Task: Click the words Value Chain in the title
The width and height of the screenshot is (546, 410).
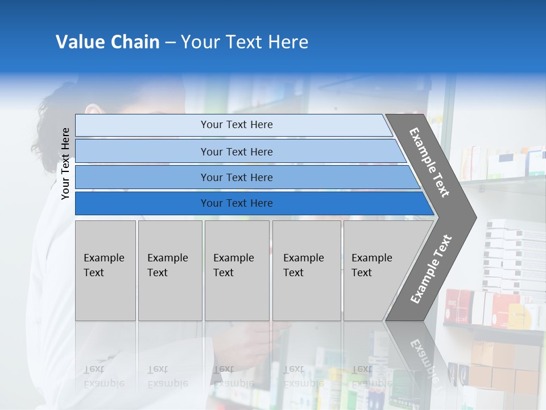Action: click(107, 42)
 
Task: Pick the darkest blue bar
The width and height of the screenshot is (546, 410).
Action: click(142, 203)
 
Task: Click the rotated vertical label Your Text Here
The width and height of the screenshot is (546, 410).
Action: click(65, 163)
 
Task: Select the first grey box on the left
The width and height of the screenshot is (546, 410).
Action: click(105, 270)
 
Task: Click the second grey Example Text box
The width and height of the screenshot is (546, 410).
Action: click(170, 270)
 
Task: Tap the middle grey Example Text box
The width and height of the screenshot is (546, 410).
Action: click(237, 270)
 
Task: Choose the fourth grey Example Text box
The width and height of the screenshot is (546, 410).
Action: click(307, 270)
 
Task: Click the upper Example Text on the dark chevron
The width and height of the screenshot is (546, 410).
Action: click(429, 162)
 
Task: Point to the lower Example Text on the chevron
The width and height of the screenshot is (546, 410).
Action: click(431, 269)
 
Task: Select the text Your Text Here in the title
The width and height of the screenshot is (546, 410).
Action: click(245, 42)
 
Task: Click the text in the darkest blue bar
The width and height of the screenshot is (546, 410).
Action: click(237, 203)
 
